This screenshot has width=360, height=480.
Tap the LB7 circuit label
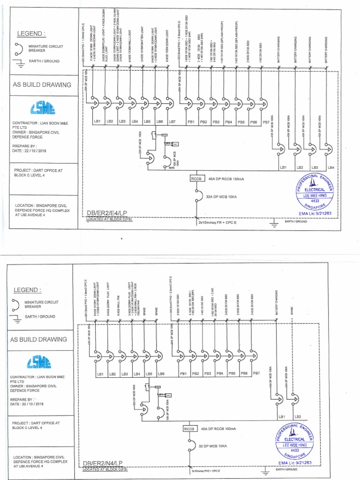(x=172, y=122)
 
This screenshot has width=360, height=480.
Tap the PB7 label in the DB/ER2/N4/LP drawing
(x=256, y=374)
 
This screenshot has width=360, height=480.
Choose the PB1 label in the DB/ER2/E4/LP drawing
(x=191, y=122)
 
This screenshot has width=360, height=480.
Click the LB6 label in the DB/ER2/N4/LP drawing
(x=162, y=374)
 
